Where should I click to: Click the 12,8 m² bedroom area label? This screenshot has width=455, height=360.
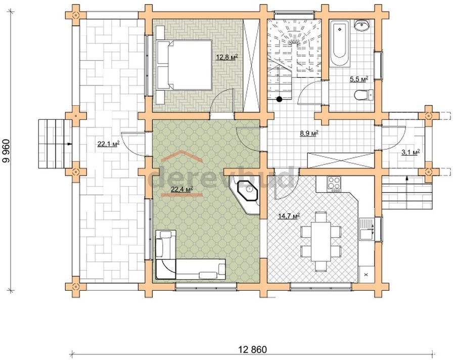coord(227,57)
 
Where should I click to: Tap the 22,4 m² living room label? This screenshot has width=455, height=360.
coord(182,190)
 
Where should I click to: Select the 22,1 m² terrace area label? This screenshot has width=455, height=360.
coord(109,144)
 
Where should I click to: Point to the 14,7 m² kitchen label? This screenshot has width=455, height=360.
coord(289,216)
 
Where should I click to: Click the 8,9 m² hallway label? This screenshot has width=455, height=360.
coord(309,133)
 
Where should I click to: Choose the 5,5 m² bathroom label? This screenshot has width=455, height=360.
coord(359,79)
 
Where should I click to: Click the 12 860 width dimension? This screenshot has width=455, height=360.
coord(252,349)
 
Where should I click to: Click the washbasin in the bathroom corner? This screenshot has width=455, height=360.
coord(361,25)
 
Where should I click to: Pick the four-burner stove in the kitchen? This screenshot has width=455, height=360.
coord(334,184)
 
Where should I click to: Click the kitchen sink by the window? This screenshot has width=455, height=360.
coord(367,230)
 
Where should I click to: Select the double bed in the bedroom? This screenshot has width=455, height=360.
coord(184,65)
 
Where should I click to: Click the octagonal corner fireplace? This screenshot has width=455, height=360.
coord(248,191)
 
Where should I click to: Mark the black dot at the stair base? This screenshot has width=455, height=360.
coord(279,99)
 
